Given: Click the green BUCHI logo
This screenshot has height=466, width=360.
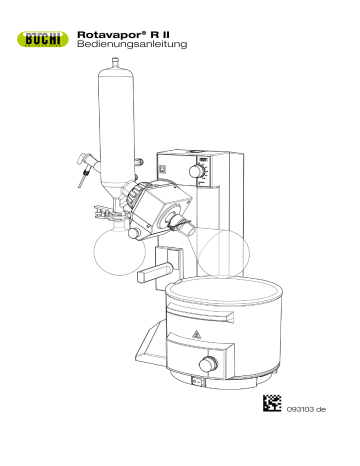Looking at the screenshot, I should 40,40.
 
